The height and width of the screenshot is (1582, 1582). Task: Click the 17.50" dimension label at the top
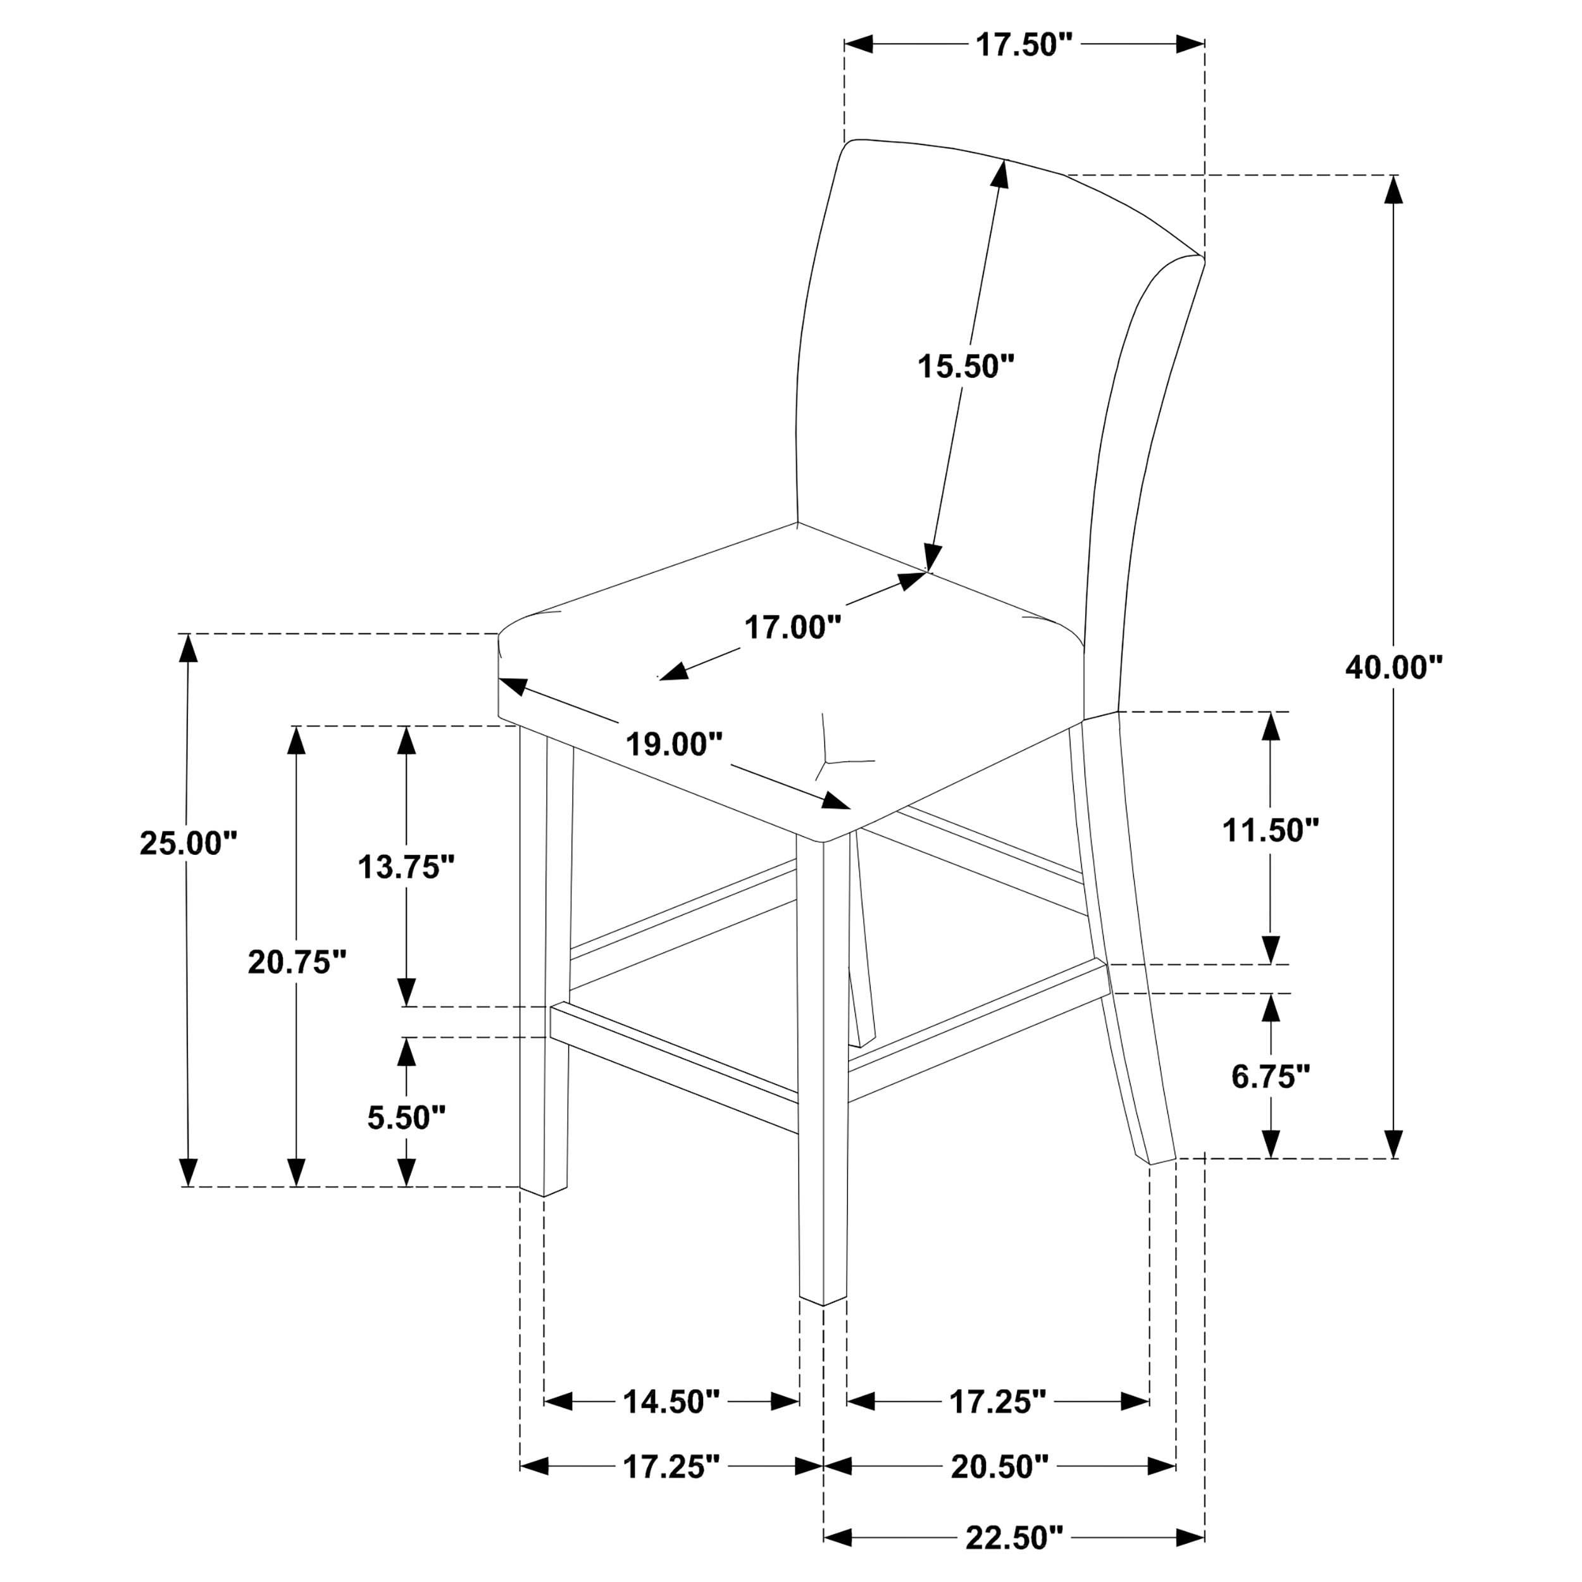click(x=1023, y=45)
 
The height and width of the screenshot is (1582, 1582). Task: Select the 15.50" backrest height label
click(x=966, y=366)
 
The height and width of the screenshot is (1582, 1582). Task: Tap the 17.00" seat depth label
click(x=793, y=628)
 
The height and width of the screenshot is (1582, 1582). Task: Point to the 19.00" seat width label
click(x=674, y=744)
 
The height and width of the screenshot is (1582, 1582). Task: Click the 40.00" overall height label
click(x=1393, y=668)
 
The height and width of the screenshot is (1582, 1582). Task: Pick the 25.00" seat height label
click(x=189, y=843)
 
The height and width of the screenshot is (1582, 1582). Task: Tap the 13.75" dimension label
click(x=406, y=866)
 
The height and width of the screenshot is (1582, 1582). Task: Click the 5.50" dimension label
click(x=406, y=1117)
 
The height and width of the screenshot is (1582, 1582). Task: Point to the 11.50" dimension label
click(x=1271, y=830)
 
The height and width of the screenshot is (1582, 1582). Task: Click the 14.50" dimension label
click(x=671, y=1401)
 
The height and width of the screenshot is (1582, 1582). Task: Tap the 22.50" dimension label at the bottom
click(x=1014, y=1538)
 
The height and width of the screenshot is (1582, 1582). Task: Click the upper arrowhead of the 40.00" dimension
click(x=1393, y=191)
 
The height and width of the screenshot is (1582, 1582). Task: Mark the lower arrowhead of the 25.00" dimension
click(x=189, y=1172)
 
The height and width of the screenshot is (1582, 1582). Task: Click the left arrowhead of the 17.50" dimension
click(x=859, y=44)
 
